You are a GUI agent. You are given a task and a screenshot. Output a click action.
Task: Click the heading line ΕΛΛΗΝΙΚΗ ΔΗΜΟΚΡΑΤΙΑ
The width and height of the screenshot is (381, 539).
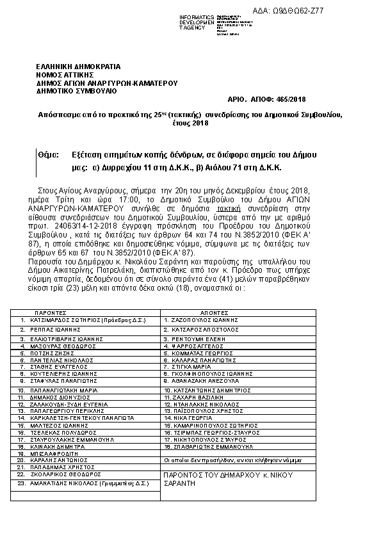point(78,66)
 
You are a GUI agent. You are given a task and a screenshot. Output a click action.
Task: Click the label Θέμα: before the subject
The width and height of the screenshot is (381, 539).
point(48,156)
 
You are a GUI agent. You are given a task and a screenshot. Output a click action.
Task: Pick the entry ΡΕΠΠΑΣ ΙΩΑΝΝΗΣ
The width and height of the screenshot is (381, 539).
point(54,328)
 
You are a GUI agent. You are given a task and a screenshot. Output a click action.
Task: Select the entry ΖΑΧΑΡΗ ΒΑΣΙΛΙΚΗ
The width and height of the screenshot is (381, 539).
point(191,397)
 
